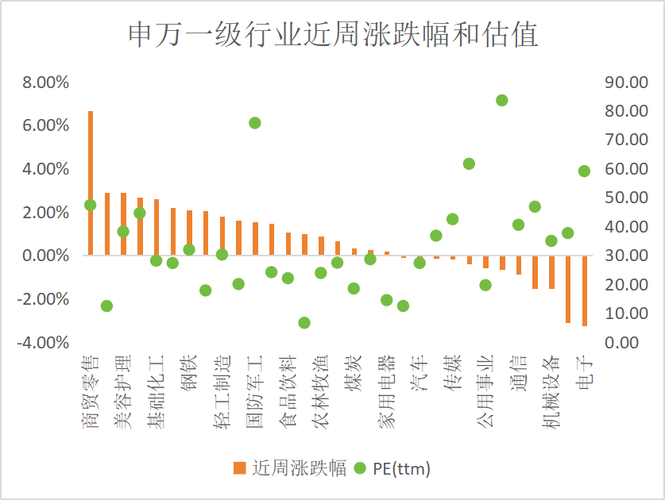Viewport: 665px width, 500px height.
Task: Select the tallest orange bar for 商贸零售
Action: click(91, 183)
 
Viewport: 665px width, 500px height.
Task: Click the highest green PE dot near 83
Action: click(502, 101)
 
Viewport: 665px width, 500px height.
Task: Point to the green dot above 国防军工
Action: click(255, 123)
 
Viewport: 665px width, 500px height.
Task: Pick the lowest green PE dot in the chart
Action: click(304, 323)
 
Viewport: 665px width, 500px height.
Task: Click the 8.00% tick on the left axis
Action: click(47, 83)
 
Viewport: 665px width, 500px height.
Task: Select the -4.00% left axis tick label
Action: click(44, 343)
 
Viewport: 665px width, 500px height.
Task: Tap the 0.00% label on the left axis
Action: click(47, 256)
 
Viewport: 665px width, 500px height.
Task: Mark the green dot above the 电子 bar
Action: click(585, 171)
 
